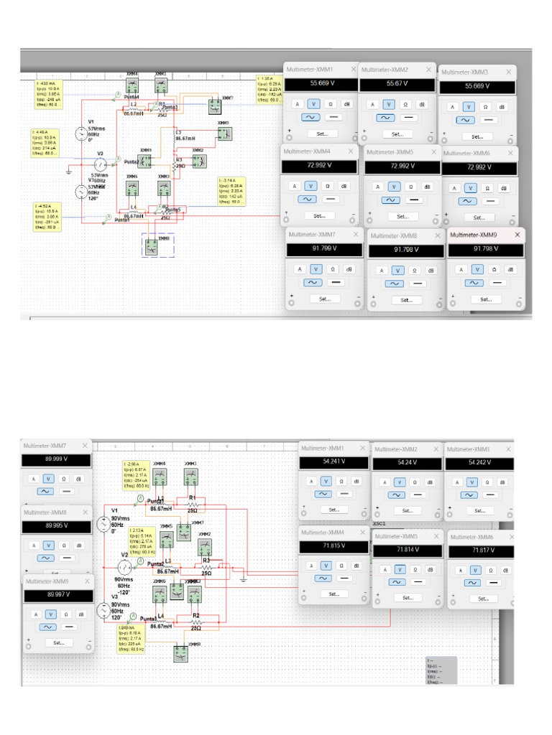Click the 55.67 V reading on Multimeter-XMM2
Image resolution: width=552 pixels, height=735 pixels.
[x=396, y=84]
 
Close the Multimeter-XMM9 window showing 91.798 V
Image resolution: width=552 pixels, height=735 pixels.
[x=517, y=235]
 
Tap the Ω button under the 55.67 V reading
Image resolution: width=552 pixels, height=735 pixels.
[x=406, y=104]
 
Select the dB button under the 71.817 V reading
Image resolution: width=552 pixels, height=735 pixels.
[x=505, y=564]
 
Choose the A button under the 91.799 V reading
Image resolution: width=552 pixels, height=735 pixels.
[x=300, y=269]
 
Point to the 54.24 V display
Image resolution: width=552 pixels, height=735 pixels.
[x=406, y=462]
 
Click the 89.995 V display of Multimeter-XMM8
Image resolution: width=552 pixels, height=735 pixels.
[x=57, y=525]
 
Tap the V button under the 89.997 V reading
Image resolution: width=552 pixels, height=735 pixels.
[x=50, y=614]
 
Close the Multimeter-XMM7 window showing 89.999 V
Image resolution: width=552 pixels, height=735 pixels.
[x=86, y=446]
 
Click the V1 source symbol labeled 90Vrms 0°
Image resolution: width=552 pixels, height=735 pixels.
[x=103, y=525]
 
